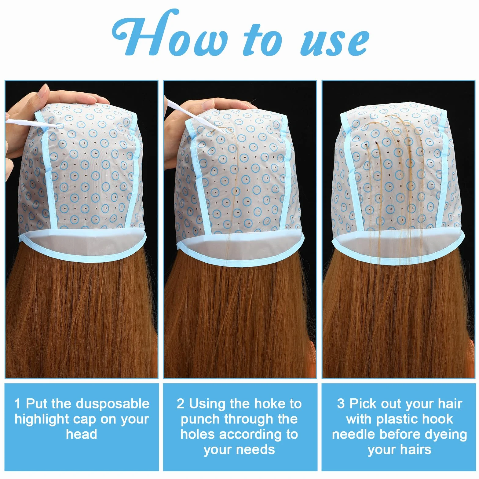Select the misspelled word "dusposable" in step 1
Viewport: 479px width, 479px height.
pos(113,404)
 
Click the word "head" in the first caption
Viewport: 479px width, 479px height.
pos(82,434)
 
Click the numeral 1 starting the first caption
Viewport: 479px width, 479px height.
pos(17,404)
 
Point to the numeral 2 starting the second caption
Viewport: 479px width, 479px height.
pos(181,404)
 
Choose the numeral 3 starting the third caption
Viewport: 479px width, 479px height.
pos(341,404)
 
